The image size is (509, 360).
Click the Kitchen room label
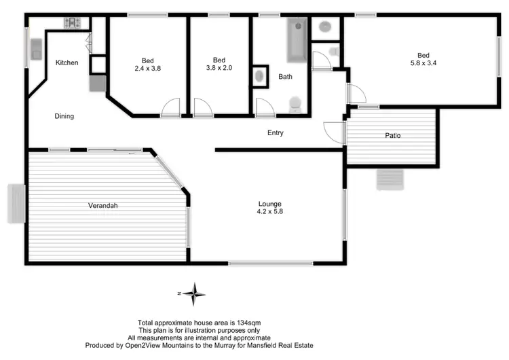(x=67, y=62)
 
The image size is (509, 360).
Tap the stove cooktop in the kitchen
(x=72, y=23)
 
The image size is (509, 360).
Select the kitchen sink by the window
(x=36, y=48)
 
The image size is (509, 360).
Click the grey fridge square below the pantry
(x=97, y=83)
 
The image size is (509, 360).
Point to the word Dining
(x=64, y=116)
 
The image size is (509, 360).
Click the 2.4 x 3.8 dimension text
(x=147, y=68)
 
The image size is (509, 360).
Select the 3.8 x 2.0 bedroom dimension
(x=219, y=68)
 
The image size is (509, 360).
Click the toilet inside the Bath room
(x=295, y=104)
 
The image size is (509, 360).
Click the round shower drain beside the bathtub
(x=324, y=27)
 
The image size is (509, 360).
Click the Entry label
(x=275, y=132)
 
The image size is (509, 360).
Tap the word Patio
(x=392, y=135)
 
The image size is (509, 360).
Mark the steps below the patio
(x=390, y=179)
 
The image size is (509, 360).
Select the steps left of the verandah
(x=16, y=203)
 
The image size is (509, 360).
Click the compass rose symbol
(x=195, y=293)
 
